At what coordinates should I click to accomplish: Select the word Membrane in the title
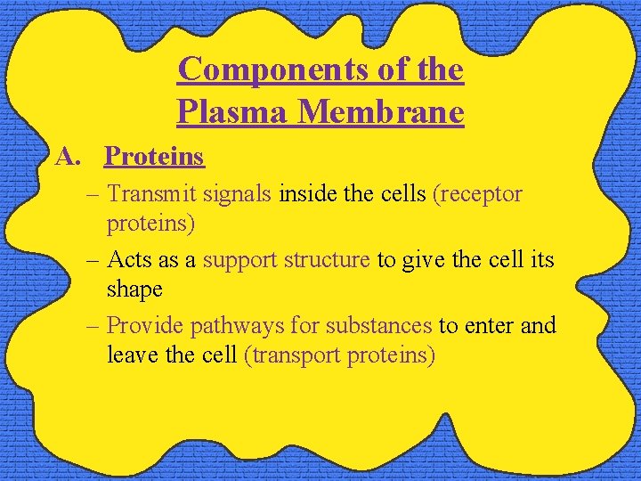[381, 112]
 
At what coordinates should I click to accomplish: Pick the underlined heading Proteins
[154, 157]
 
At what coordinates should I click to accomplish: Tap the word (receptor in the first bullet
[477, 194]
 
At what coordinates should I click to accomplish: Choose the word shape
[134, 289]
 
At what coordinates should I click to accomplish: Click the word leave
[132, 355]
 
